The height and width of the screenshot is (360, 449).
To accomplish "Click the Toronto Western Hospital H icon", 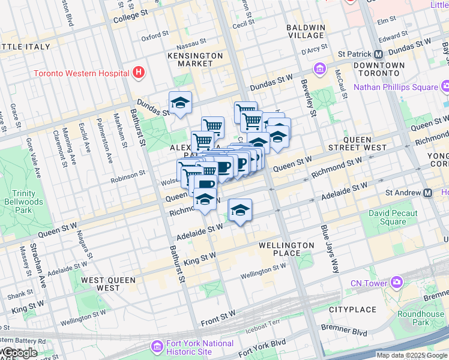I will point(139,73).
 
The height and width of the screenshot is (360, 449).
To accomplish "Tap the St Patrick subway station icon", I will point(379,53).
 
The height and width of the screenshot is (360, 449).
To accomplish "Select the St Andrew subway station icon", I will point(427,193).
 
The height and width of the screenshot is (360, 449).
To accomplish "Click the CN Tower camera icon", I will point(396,282).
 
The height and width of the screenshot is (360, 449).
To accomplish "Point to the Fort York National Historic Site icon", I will point(157,347).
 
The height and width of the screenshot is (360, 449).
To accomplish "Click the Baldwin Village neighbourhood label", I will point(306,32).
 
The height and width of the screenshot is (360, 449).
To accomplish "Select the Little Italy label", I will point(22,47).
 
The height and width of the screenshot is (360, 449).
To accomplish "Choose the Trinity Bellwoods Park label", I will point(29,202).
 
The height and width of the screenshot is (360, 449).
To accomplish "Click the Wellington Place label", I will point(286,249).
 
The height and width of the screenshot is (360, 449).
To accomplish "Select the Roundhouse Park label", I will point(421,317).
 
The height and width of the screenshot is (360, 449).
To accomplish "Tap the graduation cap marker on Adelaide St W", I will point(240,210).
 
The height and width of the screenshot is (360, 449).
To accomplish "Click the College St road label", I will point(131,13).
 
